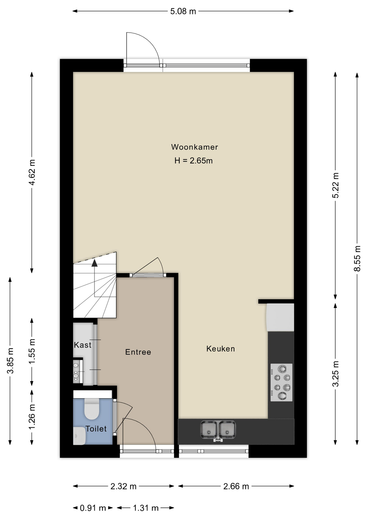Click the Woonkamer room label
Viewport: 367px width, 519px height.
pyautogui.click(x=194, y=147)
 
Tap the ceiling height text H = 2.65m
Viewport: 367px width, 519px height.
pyautogui.click(x=193, y=161)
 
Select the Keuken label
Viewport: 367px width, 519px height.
pyautogui.click(x=221, y=349)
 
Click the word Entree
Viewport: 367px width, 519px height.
pyautogui.click(x=138, y=352)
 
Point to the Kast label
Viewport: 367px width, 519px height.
pyautogui.click(x=82, y=345)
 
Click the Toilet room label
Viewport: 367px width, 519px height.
pyautogui.click(x=96, y=429)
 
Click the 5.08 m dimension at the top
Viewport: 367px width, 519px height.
pyautogui.click(x=183, y=11)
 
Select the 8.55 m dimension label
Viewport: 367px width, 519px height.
pyautogui.click(x=357, y=258)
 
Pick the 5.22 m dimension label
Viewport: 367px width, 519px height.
pyautogui.click(x=335, y=185)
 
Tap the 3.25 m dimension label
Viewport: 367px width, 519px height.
pyautogui.click(x=335, y=374)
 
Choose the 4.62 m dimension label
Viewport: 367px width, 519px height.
pyautogui.click(x=32, y=172)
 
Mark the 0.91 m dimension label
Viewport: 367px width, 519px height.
pyautogui.click(x=93, y=508)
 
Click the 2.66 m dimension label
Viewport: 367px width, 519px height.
pyautogui.click(x=236, y=487)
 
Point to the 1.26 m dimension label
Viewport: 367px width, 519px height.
pyautogui.click(x=32, y=417)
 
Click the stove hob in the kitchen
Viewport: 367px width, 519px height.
pyautogui.click(x=281, y=382)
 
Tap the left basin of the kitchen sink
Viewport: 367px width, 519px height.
pyautogui.click(x=208, y=430)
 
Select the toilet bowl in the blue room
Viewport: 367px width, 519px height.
pyautogui.click(x=92, y=409)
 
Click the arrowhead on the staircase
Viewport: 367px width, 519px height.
pyautogui.click(x=94, y=263)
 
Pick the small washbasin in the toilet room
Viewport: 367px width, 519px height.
pyautogui.click(x=79, y=436)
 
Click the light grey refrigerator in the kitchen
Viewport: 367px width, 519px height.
pyautogui.click(x=280, y=317)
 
